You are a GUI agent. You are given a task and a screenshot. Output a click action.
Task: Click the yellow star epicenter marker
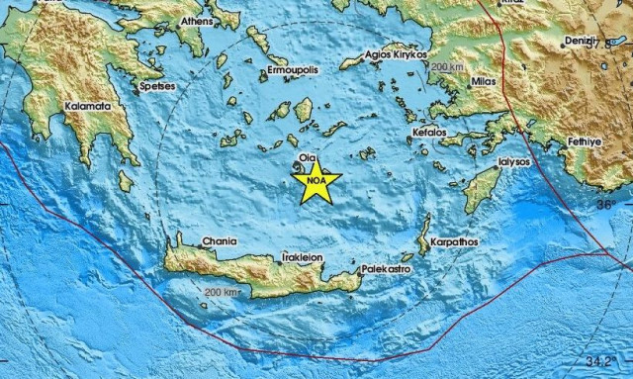click(x=316, y=181)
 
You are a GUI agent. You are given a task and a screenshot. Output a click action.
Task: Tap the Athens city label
click(x=198, y=20)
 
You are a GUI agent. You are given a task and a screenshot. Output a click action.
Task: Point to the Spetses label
click(x=156, y=87)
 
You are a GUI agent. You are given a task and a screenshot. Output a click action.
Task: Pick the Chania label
click(x=193, y=239)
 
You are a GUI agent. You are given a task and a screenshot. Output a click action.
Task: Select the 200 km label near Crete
click(x=222, y=293)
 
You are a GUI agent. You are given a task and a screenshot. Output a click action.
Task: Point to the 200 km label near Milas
click(x=447, y=65)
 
